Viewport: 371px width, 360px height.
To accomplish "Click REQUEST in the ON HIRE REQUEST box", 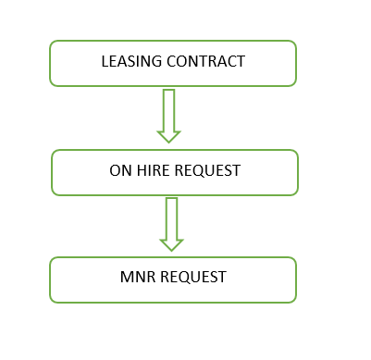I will point(204,172).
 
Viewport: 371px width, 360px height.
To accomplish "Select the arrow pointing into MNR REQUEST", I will point(171,223).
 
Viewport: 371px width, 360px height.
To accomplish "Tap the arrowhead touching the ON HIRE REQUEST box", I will point(168,135).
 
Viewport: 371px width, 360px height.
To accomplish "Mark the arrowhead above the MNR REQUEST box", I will point(171,243).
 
